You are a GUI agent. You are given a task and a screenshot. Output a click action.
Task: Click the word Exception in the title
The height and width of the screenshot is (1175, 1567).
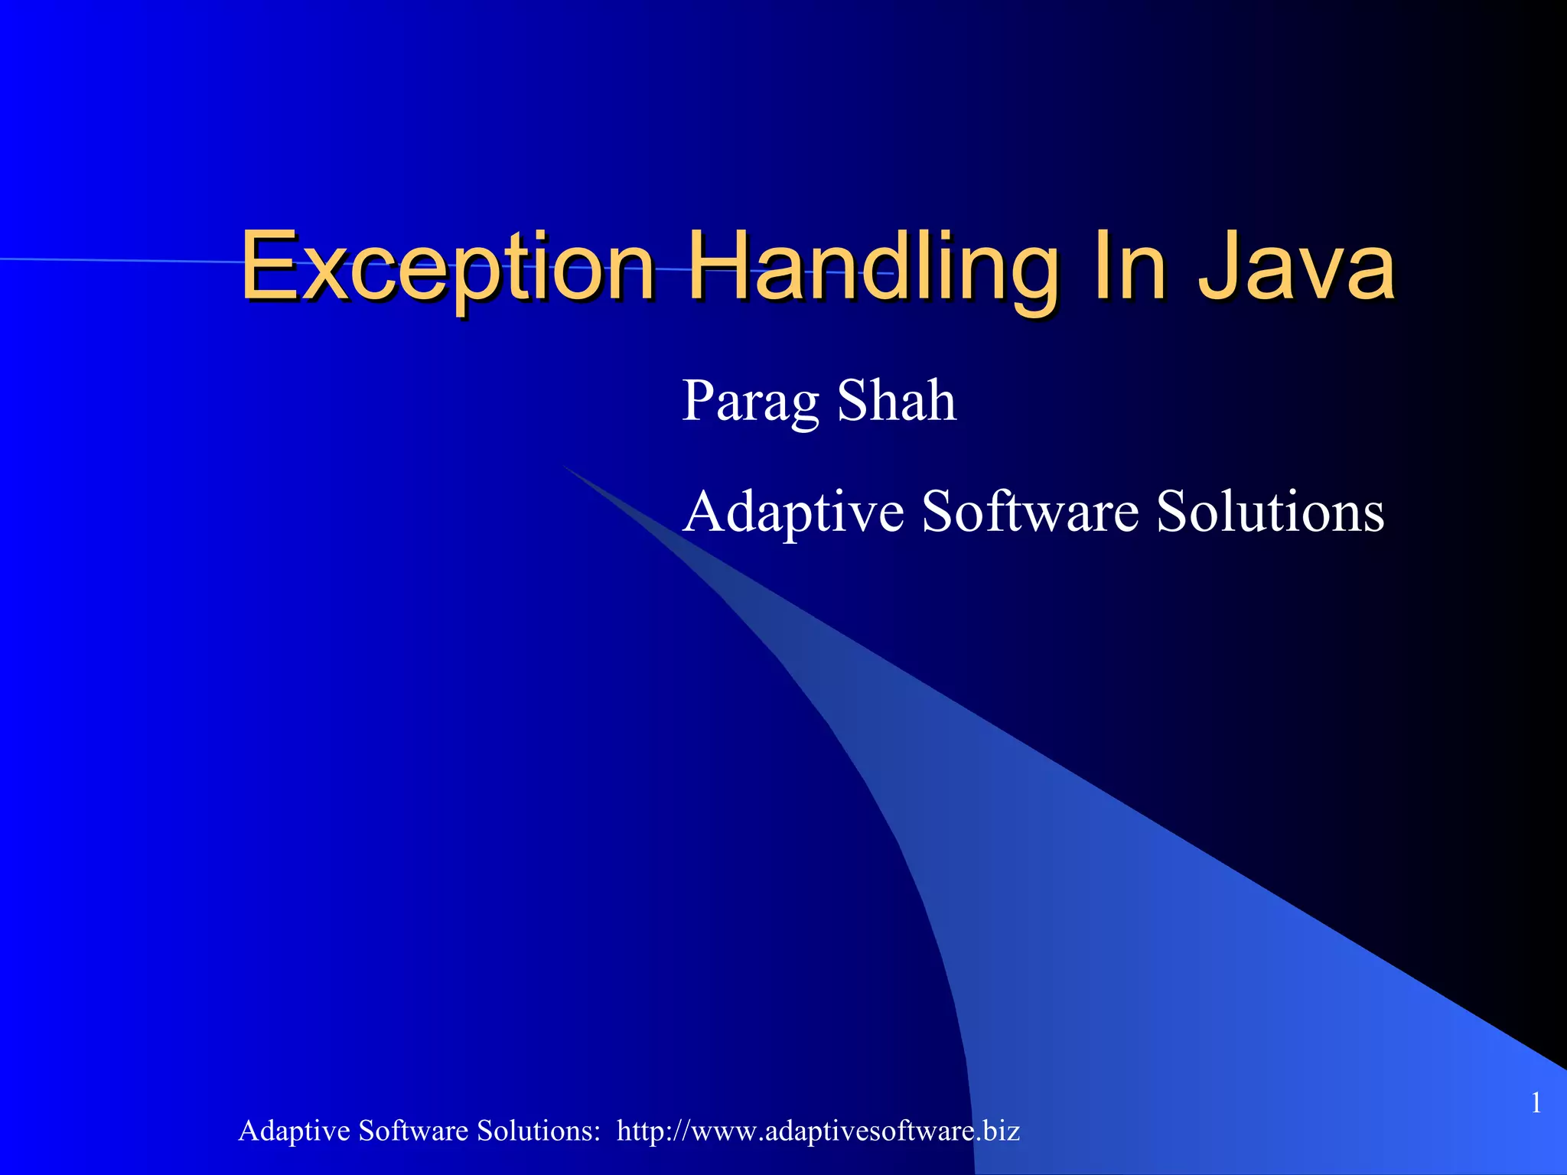(x=448, y=268)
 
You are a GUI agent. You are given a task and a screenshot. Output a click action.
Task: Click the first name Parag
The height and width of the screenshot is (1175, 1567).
(x=750, y=402)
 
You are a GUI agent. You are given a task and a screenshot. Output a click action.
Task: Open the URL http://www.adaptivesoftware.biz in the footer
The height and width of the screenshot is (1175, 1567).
(x=818, y=1131)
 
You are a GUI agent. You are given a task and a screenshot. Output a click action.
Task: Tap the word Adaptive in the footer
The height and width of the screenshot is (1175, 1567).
(x=294, y=1131)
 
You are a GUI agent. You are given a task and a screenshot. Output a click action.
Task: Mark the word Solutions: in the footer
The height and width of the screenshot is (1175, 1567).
(x=539, y=1131)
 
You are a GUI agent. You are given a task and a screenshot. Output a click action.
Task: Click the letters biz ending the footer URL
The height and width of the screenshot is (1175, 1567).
(x=1002, y=1131)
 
